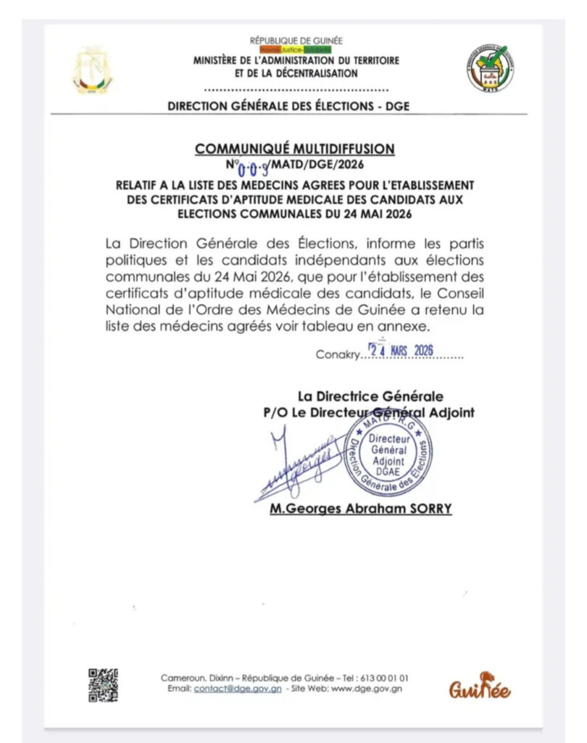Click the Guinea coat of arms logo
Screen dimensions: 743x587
pos(92,70)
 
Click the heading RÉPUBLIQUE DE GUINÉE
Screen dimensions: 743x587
pos(296,41)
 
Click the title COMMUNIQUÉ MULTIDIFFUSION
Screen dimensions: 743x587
pos(294,149)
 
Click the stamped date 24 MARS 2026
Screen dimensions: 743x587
pos(401,350)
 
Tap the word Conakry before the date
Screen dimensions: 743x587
pos(337,355)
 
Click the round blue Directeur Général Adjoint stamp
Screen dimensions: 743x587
pos(388,456)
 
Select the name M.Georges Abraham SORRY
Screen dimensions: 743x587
pos(360,509)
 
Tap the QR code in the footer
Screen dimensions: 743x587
pos(103,684)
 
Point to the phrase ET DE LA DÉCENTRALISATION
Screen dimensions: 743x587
pos(296,73)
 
